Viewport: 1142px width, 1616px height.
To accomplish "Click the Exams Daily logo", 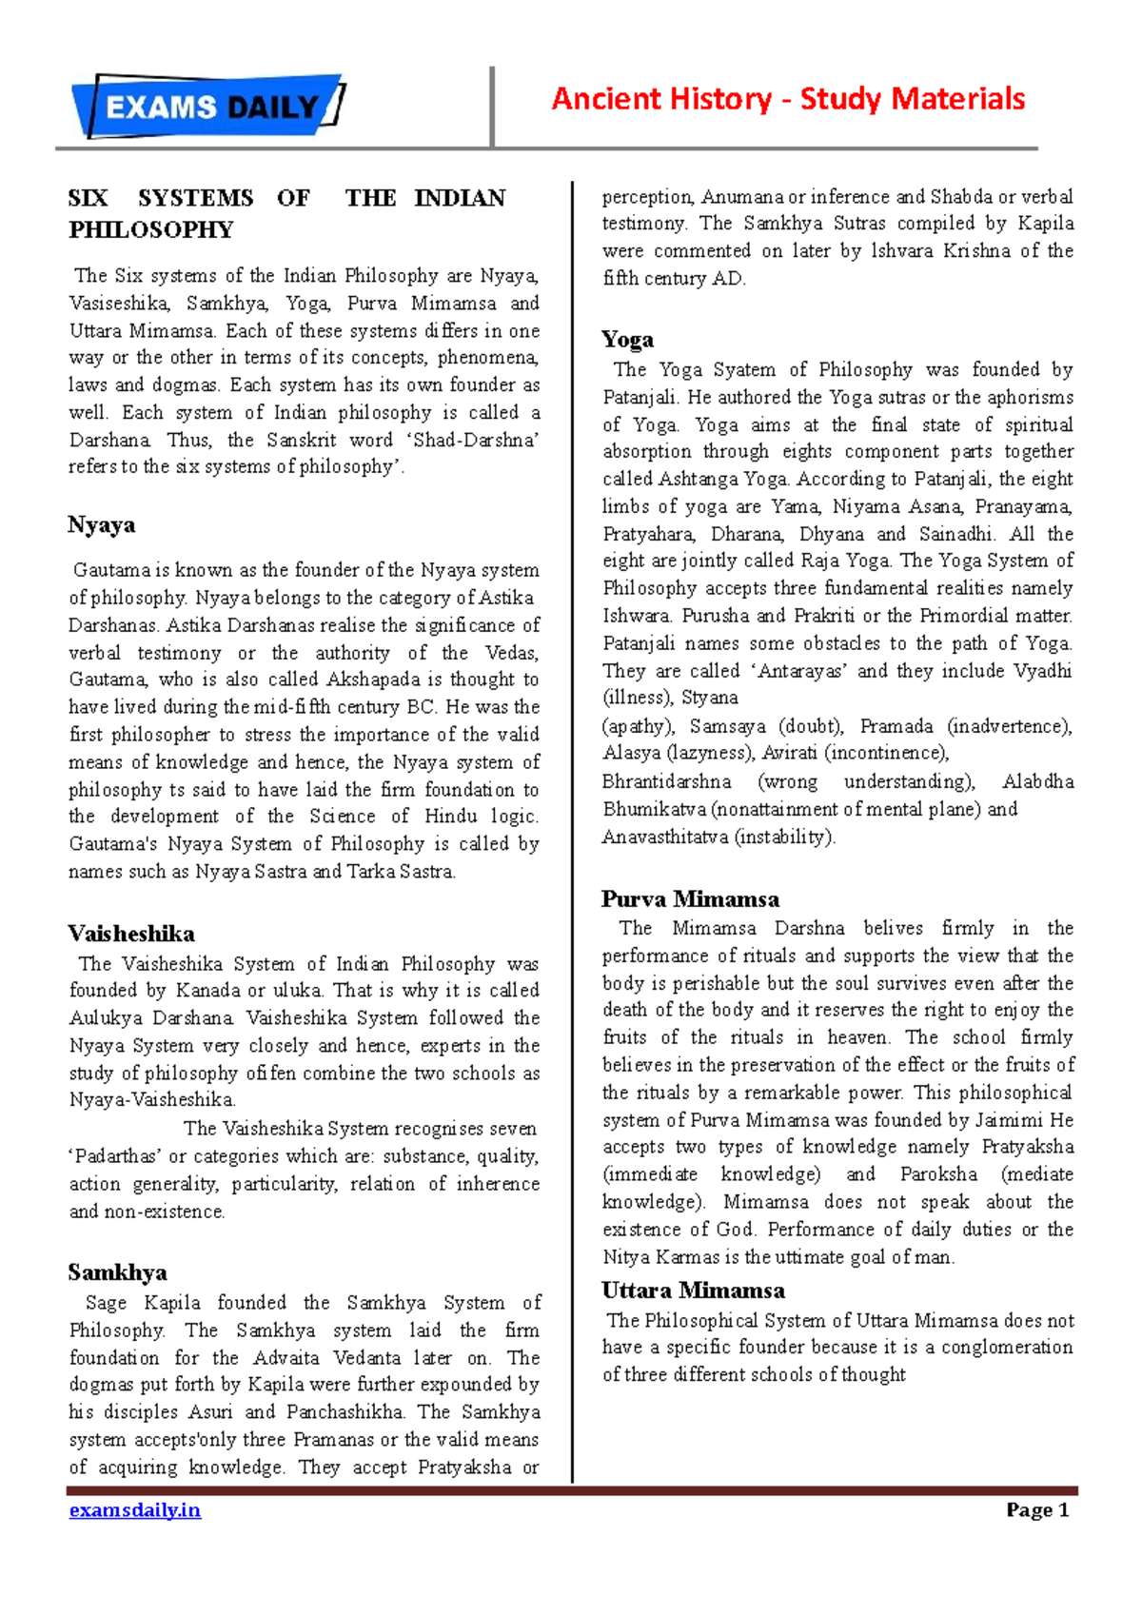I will (x=208, y=106).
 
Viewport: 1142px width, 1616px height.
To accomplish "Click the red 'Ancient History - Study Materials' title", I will (x=788, y=99).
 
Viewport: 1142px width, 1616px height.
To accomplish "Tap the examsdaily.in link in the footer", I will (x=134, y=1510).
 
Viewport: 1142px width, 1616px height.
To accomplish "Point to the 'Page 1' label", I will (x=1037, y=1510).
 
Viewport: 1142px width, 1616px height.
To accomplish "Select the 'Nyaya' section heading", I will (x=101, y=525).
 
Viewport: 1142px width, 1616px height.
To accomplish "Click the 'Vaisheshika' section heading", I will (x=131, y=934).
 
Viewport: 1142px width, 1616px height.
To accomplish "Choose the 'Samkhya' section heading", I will (x=117, y=1273).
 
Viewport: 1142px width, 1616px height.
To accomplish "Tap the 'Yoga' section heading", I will (x=627, y=340).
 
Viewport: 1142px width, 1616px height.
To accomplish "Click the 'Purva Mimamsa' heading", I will (x=690, y=899).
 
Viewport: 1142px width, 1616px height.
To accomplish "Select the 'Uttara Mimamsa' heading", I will (x=693, y=1291).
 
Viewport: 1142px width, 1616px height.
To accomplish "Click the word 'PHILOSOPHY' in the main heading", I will (x=150, y=230).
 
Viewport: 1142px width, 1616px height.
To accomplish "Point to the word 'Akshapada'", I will (x=373, y=680).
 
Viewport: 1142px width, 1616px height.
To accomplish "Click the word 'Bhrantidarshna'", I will (x=666, y=782).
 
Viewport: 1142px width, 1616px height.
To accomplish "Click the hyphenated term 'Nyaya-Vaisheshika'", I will (x=151, y=1100).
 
